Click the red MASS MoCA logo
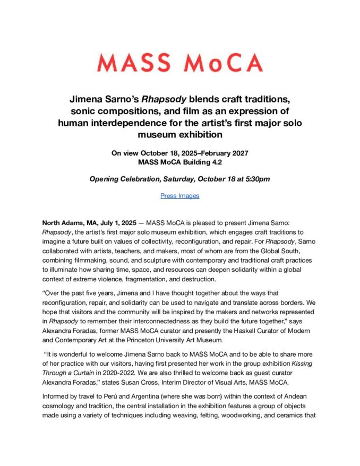point(179,63)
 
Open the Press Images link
point(179,196)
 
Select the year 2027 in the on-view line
point(236,153)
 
